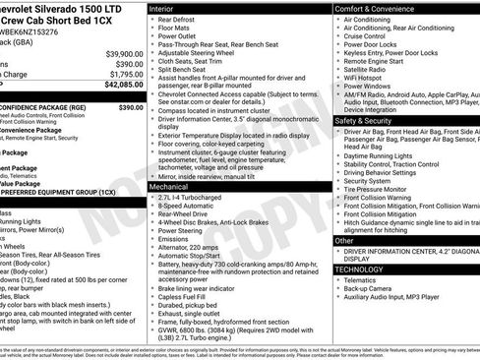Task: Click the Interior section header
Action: (x=163, y=8)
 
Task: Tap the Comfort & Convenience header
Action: (x=379, y=8)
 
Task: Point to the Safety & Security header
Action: (x=368, y=121)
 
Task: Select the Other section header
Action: (x=345, y=240)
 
